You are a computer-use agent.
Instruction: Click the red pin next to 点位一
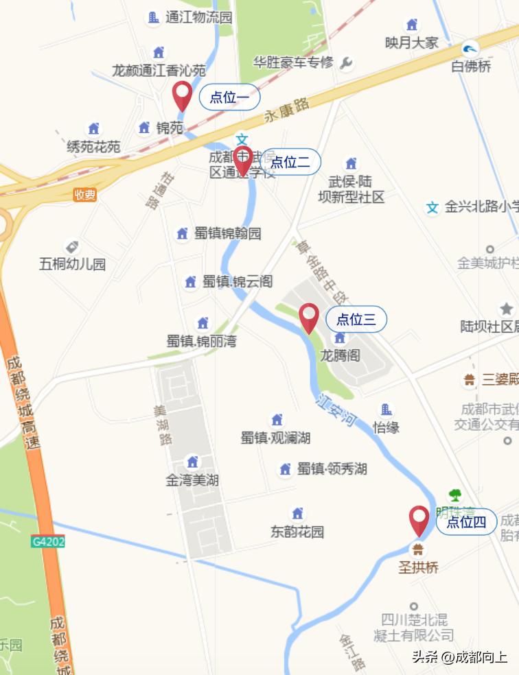[182, 94]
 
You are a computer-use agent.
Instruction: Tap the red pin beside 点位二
[242, 160]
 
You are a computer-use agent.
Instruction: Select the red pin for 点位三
[309, 317]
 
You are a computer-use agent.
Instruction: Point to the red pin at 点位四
[419, 519]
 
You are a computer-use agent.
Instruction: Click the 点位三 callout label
[356, 319]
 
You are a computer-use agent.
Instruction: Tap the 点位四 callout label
[466, 522]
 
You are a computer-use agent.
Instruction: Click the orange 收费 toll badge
[85, 195]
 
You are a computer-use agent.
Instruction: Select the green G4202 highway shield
[48, 541]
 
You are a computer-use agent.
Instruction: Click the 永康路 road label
[287, 110]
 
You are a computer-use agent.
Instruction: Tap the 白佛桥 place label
[472, 67]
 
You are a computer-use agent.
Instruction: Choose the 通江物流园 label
[199, 18]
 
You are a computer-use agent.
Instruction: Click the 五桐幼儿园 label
[73, 263]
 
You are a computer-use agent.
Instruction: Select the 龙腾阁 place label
[340, 355]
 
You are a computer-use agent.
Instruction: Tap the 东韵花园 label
[297, 532]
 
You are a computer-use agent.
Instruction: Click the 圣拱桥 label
[417, 567]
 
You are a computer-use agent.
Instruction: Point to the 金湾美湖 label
[192, 480]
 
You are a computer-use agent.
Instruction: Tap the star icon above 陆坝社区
[507, 309]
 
